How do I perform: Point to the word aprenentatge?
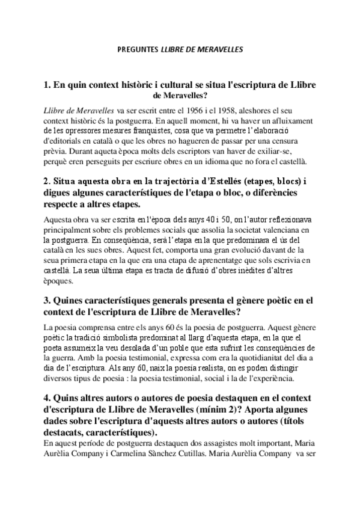(x=224, y=260)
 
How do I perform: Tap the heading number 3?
(x=47, y=300)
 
